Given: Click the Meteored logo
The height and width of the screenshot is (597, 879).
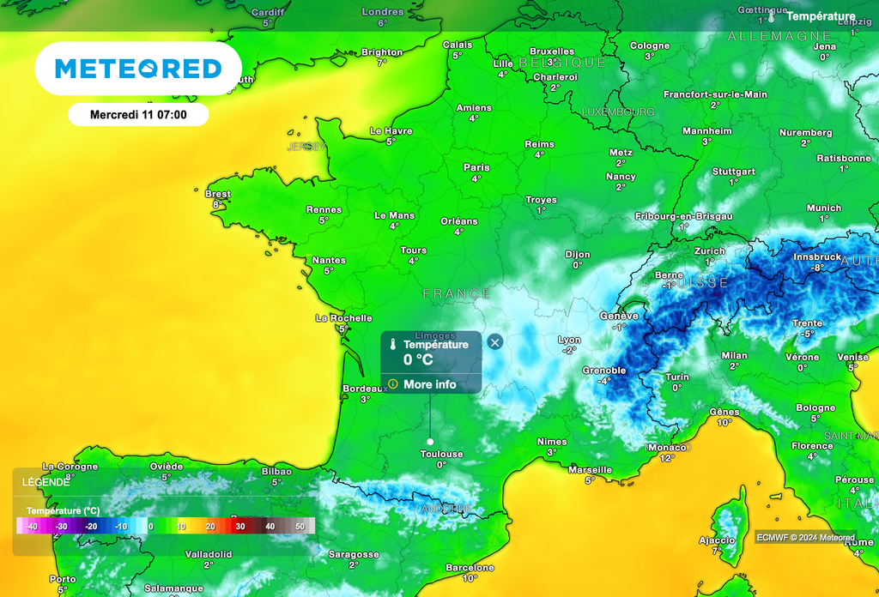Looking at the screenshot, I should point(138,69).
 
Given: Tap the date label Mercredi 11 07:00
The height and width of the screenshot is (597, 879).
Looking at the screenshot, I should point(138,114).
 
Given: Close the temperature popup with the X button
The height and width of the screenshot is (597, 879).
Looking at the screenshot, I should point(494,342).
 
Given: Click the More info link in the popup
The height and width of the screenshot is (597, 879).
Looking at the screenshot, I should point(429,384).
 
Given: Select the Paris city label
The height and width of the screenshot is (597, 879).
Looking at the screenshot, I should point(476,167).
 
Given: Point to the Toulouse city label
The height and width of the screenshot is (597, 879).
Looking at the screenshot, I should point(442,454).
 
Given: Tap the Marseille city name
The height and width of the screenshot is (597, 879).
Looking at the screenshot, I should point(591,469).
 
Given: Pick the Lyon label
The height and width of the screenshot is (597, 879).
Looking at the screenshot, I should point(569,340).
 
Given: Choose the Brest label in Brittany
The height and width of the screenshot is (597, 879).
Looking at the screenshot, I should point(218,194).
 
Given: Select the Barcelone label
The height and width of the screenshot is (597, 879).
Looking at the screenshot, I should point(470,567).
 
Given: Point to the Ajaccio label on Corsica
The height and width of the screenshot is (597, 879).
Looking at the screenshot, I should point(717,540).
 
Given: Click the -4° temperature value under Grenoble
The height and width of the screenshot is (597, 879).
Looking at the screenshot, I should point(604,381).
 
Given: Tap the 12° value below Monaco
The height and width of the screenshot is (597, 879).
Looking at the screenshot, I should point(668,458).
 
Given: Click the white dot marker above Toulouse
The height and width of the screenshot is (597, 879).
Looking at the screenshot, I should point(430,441).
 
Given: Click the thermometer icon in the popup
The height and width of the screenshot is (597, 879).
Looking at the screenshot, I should point(391,345).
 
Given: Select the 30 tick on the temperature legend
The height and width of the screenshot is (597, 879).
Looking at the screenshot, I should point(240,526).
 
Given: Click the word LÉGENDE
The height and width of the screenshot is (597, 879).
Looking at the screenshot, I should point(46,482).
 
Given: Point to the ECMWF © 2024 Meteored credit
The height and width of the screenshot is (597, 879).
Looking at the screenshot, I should point(805,538).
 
